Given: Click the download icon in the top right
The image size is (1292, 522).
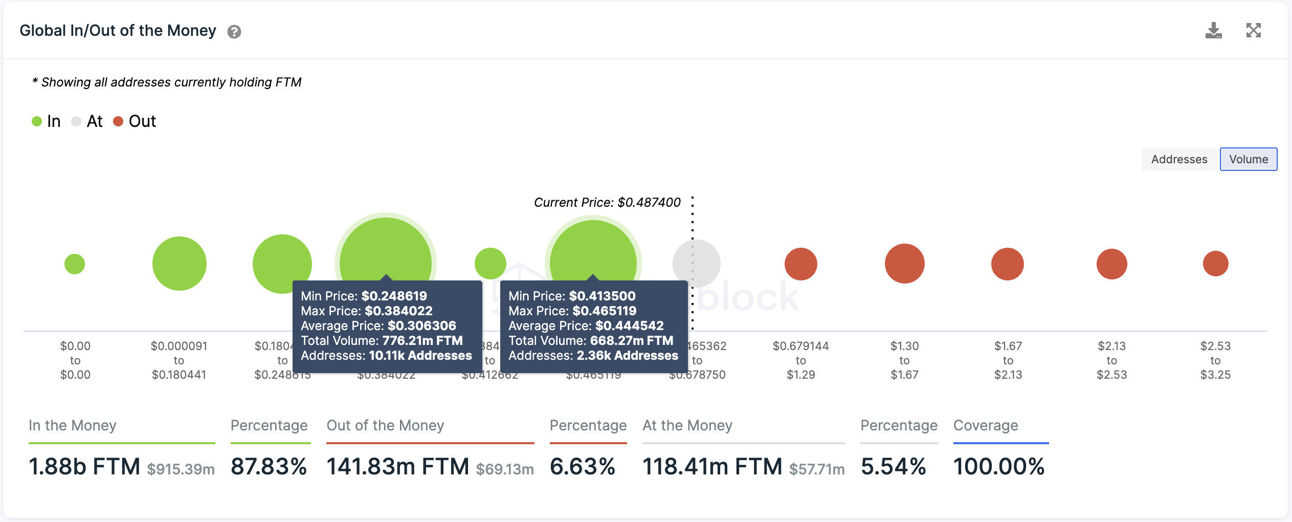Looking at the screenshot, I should [1213, 31].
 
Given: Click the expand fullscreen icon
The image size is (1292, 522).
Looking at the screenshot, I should [1253, 31].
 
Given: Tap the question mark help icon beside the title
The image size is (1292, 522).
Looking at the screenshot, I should [234, 32].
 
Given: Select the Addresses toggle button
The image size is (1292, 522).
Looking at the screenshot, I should [1179, 159].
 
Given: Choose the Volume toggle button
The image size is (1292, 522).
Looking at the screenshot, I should [1248, 159].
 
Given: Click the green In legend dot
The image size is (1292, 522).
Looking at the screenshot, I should [37, 121].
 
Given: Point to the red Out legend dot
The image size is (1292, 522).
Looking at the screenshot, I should [118, 121].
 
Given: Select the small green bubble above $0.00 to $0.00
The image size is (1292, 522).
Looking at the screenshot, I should [75, 264].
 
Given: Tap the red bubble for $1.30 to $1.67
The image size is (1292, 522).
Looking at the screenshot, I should [904, 264].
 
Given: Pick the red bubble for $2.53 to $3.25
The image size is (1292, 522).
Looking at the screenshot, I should [1215, 264].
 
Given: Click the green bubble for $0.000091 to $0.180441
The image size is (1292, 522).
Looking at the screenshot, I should [180, 264].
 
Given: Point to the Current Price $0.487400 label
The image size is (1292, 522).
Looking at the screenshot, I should [607, 203].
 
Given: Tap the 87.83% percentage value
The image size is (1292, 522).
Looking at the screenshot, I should [269, 467].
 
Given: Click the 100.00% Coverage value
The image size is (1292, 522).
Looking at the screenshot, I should [998, 467].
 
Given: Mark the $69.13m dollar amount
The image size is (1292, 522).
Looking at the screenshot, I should [504, 469].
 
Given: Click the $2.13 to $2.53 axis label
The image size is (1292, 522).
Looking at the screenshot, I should [1111, 360].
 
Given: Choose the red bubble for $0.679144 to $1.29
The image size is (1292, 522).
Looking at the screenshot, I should [800, 264].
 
